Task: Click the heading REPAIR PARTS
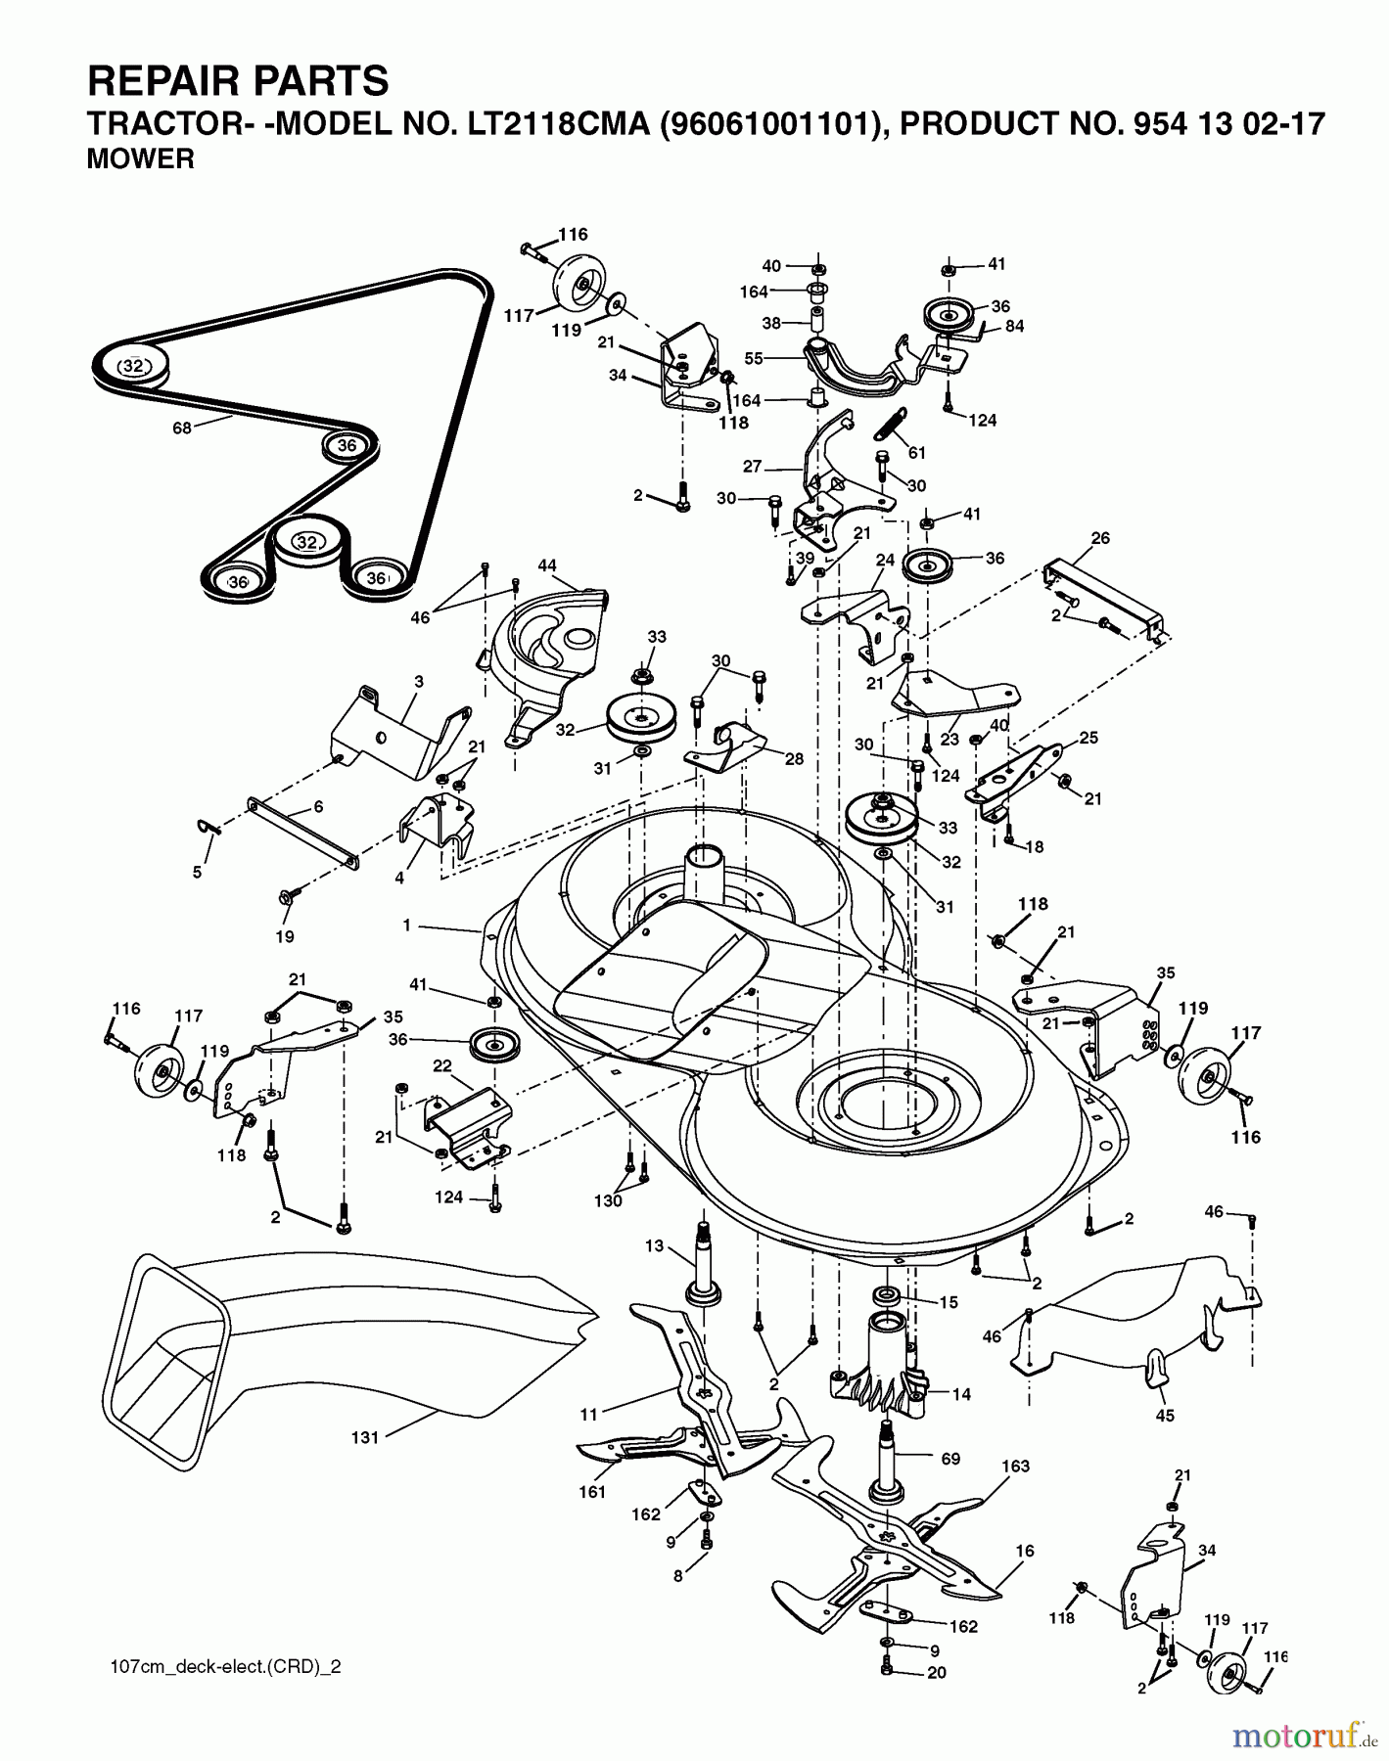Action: tap(238, 81)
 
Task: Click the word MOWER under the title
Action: tap(141, 159)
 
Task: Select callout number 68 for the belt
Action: tap(182, 428)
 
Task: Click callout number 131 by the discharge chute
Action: tap(364, 1438)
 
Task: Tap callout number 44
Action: tap(546, 565)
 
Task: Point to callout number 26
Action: tap(1100, 538)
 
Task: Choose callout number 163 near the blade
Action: tap(1016, 1466)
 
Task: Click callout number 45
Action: tap(1165, 1416)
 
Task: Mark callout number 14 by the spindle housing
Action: tap(961, 1394)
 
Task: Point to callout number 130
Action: tap(608, 1200)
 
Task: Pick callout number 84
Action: tap(1014, 326)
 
